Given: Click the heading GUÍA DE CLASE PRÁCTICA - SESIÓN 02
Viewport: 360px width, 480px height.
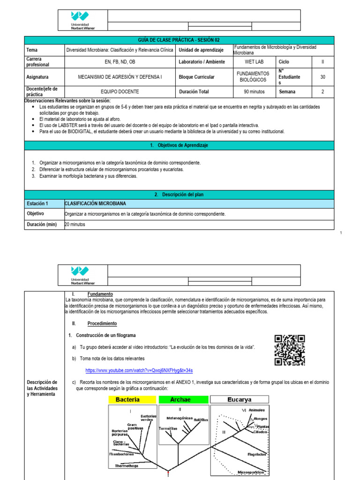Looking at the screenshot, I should [180, 40].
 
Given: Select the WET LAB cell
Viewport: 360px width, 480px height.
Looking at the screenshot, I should [254, 61].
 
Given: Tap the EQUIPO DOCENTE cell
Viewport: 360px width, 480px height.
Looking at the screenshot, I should [120, 92].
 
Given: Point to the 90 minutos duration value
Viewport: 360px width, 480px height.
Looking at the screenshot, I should [254, 92].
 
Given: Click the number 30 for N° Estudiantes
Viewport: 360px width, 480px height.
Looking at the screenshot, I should [322, 77].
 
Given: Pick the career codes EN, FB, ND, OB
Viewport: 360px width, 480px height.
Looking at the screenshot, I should [120, 61].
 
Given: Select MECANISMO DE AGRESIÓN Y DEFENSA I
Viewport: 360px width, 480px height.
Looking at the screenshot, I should [120, 77].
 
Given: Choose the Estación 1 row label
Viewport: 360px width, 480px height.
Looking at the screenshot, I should [37, 203].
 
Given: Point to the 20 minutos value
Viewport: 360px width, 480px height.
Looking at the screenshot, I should [75, 224].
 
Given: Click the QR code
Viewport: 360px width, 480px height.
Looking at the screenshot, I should [290, 350].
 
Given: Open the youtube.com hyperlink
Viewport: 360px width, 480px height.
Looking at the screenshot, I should [139, 370].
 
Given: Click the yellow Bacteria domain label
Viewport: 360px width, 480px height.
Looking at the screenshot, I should [132, 400].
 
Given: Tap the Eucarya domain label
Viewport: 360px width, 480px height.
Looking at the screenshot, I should [239, 400].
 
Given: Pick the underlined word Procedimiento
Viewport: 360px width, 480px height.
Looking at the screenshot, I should [102, 323].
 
